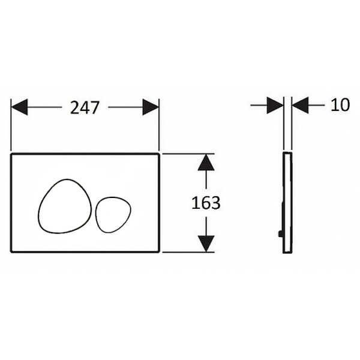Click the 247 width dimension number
85,107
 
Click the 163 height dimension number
206,203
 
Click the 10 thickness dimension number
340,105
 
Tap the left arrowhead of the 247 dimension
19,107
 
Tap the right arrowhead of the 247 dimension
151,107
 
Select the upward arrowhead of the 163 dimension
206,163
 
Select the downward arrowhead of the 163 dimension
206,244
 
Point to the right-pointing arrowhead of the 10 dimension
275,105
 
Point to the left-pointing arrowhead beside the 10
301,105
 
